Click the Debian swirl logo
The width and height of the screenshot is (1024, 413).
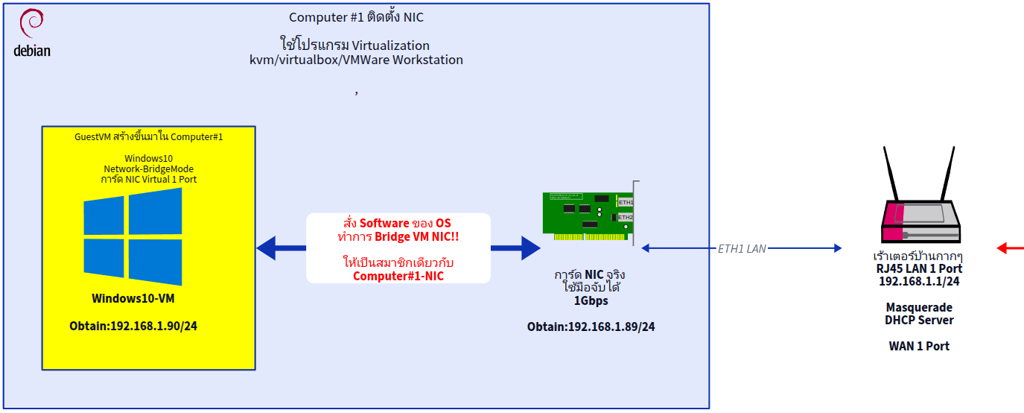pos(31,24)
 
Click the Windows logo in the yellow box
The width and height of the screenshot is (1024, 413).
pos(133,236)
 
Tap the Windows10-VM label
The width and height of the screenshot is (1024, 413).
pos(132,298)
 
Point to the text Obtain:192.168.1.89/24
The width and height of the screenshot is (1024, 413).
pos(591,327)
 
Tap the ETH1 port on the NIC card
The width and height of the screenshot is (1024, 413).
pos(626,202)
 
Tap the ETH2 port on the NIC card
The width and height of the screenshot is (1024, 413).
pos(626,217)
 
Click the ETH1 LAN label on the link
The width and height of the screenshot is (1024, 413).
pos(741,249)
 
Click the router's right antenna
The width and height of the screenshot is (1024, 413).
pos(947,174)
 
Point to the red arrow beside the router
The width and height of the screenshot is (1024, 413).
pos(1011,248)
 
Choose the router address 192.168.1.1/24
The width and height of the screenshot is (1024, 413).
pos(919,281)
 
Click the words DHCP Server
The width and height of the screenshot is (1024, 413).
pos(919,320)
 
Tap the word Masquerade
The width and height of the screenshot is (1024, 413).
pos(919,307)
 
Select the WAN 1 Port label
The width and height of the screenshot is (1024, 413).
pos(919,346)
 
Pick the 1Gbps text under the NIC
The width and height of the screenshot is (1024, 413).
pos(591,300)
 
